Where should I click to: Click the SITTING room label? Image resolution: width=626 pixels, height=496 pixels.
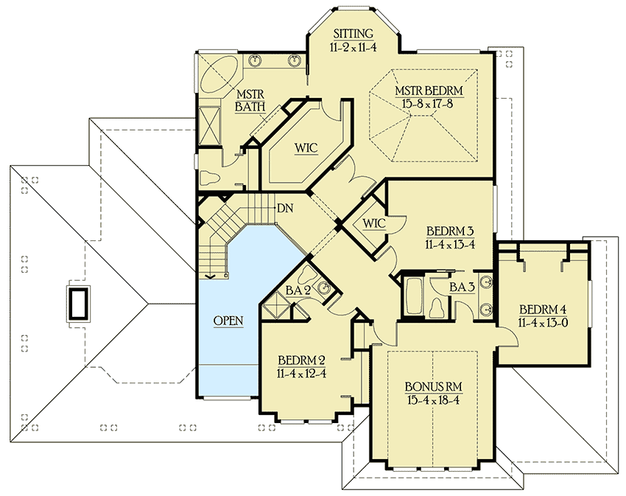tap(354, 34)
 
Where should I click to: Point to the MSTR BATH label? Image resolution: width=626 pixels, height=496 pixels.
tap(250, 100)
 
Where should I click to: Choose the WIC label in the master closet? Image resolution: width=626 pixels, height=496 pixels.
tap(306, 148)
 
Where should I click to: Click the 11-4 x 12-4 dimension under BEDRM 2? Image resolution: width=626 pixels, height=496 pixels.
tap(301, 373)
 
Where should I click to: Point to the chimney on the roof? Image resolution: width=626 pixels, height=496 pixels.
tap(79, 303)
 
